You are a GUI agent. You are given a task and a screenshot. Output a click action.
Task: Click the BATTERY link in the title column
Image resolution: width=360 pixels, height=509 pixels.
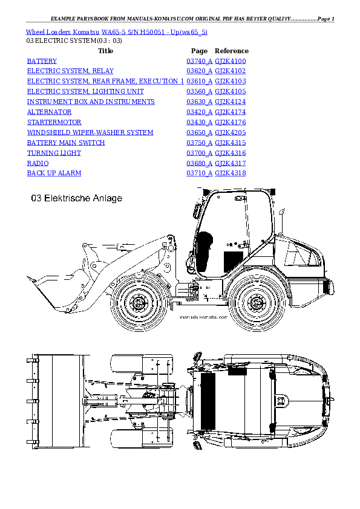pos(42,61)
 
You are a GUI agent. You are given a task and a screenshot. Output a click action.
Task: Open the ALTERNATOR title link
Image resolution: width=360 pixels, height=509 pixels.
pos(50,112)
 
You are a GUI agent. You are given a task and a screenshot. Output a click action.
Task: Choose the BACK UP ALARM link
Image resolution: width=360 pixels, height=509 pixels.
pos(54,173)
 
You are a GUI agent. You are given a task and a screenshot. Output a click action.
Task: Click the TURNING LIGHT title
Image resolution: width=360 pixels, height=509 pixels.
pos(54,153)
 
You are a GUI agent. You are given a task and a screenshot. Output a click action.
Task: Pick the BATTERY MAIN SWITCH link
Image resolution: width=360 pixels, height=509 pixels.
pos(66,143)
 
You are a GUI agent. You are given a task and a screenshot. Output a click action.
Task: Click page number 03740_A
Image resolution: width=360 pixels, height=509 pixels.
pos(199,61)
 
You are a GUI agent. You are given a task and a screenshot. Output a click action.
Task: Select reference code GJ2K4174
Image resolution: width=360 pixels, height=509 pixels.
pos(231,112)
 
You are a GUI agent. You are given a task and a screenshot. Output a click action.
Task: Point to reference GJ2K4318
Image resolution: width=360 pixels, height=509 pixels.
pos(231,173)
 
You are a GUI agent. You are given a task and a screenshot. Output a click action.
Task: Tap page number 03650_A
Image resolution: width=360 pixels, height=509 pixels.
pos(199,132)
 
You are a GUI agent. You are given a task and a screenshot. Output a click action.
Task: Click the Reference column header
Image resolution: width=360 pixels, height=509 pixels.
pos(232,51)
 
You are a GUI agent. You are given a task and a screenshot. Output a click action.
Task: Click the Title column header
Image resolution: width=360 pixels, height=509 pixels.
pos(105,51)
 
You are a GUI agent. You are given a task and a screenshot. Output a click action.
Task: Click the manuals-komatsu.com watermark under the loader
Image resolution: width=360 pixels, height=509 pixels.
pos(204,316)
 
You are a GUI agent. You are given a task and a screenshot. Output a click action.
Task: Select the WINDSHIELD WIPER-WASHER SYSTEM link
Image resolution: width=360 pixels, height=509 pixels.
pos(90,132)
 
